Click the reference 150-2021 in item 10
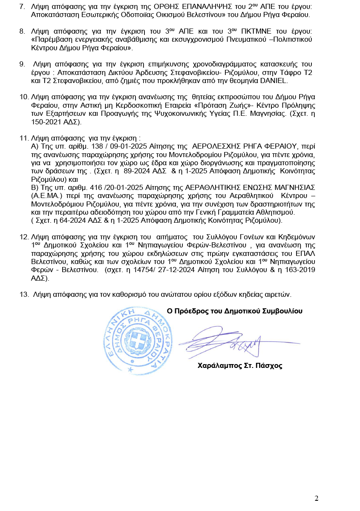coord(46,121)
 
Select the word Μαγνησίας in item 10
coord(298,113)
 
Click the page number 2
coord(317,499)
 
